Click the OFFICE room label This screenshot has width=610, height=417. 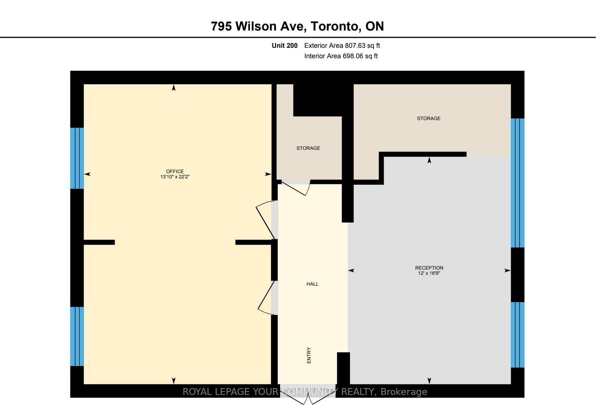(175, 172)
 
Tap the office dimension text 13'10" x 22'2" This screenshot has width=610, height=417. (175, 177)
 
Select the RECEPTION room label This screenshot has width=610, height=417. (429, 268)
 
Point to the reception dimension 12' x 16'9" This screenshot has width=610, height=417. (429, 273)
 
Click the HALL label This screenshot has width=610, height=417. (312, 284)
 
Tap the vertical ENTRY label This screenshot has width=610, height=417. (309, 356)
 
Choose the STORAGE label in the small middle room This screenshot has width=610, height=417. (308, 148)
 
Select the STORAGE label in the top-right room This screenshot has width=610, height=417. (429, 119)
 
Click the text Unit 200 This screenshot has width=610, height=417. (285, 46)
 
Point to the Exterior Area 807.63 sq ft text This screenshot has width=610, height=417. (342, 46)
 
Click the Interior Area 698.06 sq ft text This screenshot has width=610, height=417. (341, 56)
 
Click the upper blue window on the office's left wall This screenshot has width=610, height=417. (77, 158)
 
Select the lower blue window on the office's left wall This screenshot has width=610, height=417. (77, 336)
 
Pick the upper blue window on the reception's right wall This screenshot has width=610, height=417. (518, 183)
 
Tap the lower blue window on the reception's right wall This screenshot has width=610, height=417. (518, 335)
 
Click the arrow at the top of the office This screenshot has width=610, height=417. (174, 88)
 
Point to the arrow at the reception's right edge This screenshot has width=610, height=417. (507, 271)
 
